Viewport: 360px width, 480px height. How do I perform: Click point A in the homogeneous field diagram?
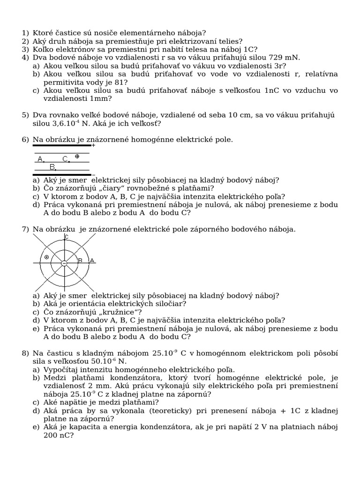tap(41, 159)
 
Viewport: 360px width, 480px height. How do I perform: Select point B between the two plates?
tap(52, 167)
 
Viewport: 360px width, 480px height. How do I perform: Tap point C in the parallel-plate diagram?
tap(66, 159)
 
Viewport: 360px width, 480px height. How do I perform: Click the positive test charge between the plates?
tap(77, 156)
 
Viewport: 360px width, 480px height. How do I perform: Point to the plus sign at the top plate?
tap(93, 145)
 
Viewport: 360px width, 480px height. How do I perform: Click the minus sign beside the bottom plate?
tap(93, 175)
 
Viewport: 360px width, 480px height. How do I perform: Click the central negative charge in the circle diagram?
tap(64, 263)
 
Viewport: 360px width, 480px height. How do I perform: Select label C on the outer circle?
tap(67, 237)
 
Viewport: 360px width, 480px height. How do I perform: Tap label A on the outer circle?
tap(92, 260)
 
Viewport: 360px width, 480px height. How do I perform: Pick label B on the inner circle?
tap(80, 260)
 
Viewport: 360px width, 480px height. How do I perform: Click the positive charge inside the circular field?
tap(46, 257)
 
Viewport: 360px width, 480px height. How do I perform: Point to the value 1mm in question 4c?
tap(101, 99)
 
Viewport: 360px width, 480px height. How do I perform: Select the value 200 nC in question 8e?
tap(52, 435)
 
